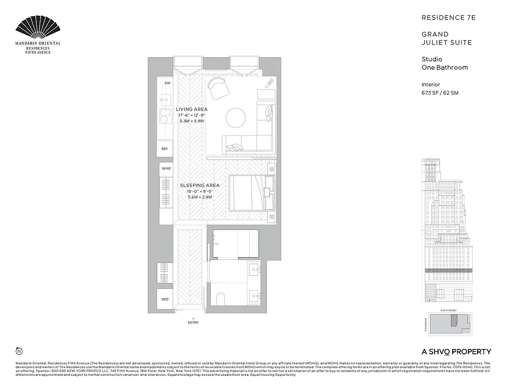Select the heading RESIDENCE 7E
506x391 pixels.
click(448, 18)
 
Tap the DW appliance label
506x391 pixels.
click(167, 83)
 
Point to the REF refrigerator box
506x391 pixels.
click(165, 149)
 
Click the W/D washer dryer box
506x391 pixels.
click(165, 299)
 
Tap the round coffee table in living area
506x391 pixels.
click(236, 117)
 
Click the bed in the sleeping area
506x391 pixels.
click(249, 194)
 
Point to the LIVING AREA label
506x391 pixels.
click(192, 109)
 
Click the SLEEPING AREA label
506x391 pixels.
click(199, 186)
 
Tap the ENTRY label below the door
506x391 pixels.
click(193, 323)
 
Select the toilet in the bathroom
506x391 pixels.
click(220, 299)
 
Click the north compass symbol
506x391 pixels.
click(19, 351)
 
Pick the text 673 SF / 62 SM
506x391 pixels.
click(440, 93)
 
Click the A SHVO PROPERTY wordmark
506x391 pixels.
click(456, 351)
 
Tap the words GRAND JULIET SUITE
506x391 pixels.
click(440, 39)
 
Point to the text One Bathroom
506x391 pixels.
click(444, 67)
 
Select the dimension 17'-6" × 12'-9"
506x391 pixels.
click(192, 115)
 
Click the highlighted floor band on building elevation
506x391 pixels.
click(449, 270)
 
